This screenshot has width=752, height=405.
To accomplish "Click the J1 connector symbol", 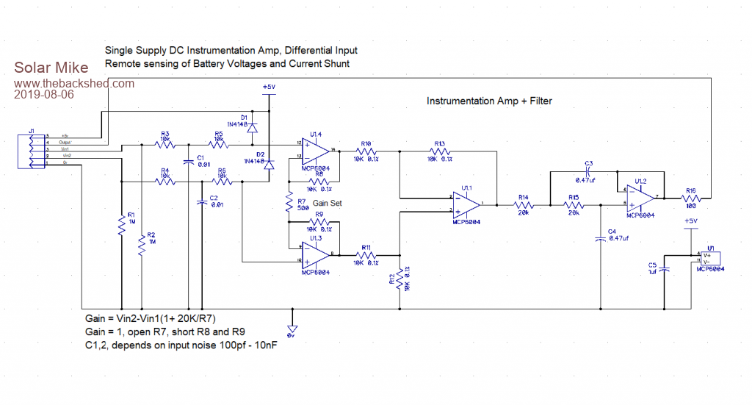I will (33, 151).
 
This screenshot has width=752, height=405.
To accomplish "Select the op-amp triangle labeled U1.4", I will (314, 151).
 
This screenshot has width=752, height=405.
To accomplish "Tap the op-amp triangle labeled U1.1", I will (466, 204).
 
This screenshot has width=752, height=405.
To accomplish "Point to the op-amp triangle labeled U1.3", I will (314, 254).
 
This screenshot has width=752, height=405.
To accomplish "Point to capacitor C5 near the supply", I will (664, 269).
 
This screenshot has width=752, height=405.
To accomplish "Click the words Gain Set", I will (328, 203).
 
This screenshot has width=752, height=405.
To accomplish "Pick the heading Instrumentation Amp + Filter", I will (489, 101).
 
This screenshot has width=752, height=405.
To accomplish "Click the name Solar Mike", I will (51, 69).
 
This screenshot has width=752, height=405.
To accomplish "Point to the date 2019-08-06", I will (45, 95).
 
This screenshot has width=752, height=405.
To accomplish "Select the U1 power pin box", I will (710, 259).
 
